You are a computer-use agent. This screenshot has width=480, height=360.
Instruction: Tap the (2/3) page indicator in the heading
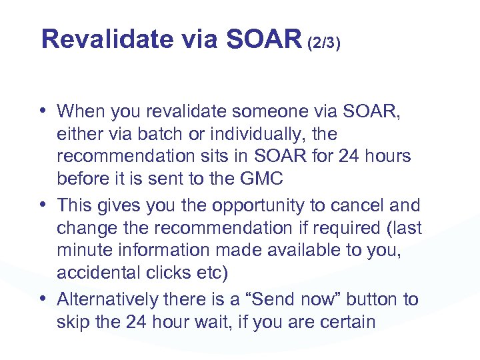coord(325,43)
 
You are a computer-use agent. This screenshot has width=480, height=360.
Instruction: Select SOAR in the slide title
coord(263,40)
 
